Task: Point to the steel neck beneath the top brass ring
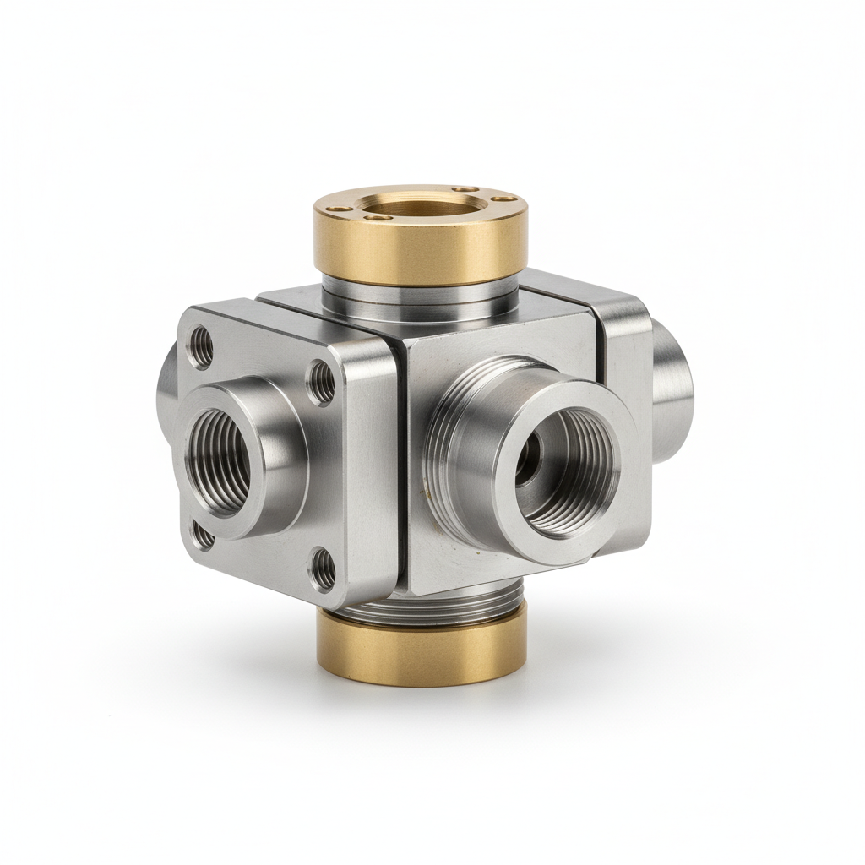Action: (x=419, y=298)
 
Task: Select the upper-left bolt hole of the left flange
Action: (x=200, y=346)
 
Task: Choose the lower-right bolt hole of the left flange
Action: (x=321, y=567)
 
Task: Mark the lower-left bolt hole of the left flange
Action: (x=202, y=534)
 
